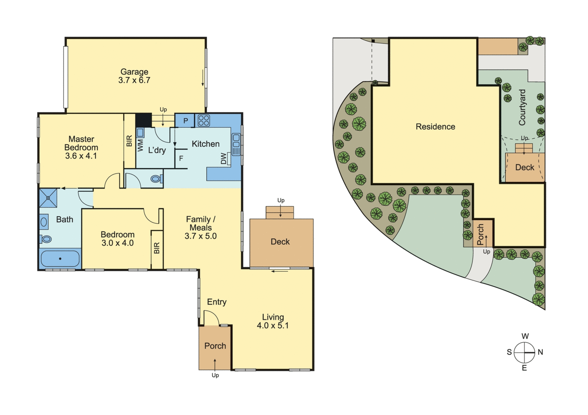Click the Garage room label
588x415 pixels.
tap(134, 72)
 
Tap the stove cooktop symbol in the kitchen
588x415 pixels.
tap(204, 121)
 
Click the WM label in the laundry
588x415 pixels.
tap(140, 145)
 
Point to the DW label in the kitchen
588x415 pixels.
tap(223, 158)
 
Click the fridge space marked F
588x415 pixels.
tap(181, 159)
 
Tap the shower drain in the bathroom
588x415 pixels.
tap(48, 198)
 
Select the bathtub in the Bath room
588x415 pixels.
tap(60, 259)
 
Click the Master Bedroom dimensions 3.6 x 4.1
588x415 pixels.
tap(81, 156)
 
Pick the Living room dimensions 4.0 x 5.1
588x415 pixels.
tap(273, 325)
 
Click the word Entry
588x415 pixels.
tap(217, 302)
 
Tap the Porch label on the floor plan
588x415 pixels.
tap(215, 346)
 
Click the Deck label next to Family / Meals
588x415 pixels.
tap(280, 242)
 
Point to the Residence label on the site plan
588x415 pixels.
tap(436, 127)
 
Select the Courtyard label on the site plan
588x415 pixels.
tap(522, 107)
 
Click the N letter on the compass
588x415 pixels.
tap(541, 352)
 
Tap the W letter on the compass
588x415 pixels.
tap(525, 336)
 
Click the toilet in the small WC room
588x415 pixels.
tap(156, 179)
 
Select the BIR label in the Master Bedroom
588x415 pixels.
tap(129, 141)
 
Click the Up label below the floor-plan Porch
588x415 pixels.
tap(215, 375)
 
